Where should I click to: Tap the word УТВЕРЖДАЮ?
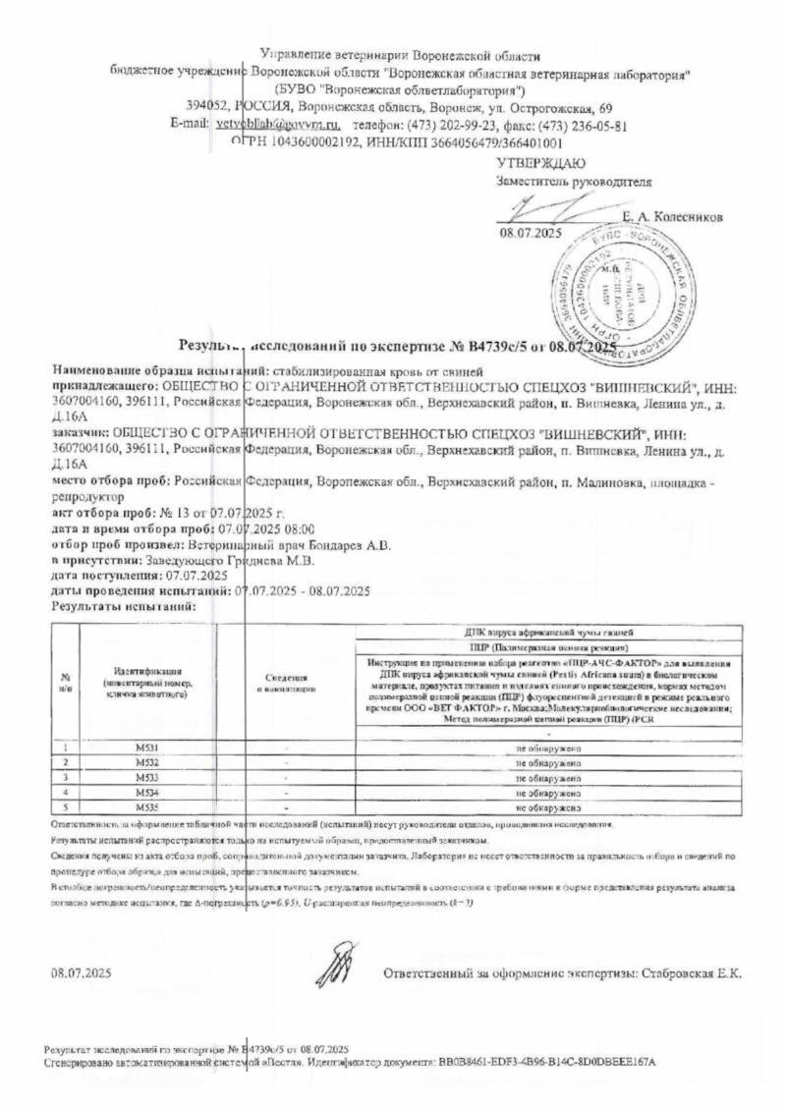click(x=540, y=163)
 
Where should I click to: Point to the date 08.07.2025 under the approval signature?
click(x=531, y=234)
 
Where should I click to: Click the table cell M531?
click(x=147, y=749)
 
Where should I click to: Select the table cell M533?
click(x=147, y=776)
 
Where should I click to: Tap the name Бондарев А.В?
click(x=353, y=546)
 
